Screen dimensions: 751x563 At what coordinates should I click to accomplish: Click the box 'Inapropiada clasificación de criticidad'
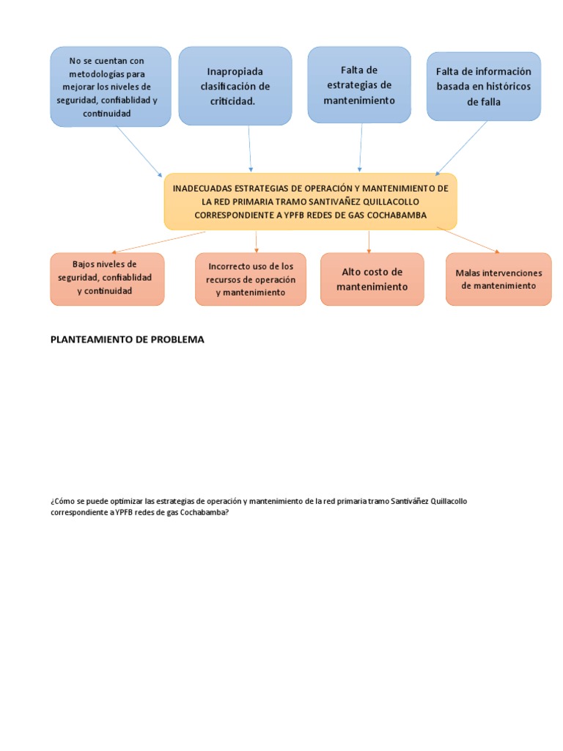click(235, 87)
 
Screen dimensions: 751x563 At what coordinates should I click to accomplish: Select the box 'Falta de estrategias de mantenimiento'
click(359, 84)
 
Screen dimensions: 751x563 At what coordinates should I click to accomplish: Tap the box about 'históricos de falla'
click(483, 87)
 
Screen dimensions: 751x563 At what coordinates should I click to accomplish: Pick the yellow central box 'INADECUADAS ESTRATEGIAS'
click(310, 202)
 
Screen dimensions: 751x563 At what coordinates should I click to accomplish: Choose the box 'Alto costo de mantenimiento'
click(372, 279)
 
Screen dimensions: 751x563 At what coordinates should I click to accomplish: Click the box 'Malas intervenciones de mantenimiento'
click(498, 279)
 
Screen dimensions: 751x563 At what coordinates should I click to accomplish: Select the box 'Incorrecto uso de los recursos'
click(251, 279)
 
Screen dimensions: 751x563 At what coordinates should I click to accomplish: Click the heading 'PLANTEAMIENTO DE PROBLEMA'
click(127, 340)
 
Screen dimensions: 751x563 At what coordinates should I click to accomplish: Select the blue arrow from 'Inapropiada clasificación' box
click(250, 148)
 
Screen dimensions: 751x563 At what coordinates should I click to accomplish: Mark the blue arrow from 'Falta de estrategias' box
click(359, 147)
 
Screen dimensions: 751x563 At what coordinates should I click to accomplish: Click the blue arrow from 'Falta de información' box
click(462, 148)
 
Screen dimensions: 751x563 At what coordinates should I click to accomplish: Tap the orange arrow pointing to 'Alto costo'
click(369, 241)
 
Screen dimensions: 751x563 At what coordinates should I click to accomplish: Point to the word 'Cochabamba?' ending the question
click(205, 513)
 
